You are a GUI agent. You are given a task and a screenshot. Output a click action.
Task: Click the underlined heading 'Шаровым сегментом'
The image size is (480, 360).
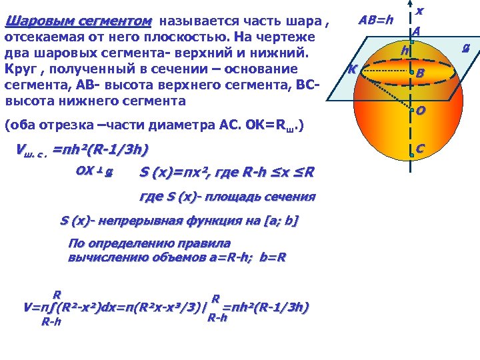point(78,21)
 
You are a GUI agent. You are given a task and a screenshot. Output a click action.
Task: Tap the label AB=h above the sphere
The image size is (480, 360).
point(376,20)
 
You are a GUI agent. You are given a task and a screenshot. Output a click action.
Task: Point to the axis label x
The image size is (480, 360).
point(419,11)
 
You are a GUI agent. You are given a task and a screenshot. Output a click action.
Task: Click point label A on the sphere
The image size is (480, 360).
point(416,31)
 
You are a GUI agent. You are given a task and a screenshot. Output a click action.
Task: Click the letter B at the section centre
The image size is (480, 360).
point(421,73)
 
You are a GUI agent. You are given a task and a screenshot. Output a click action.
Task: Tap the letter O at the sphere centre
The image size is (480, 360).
point(421,111)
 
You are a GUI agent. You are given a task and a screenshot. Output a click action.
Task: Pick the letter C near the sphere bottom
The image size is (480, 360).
point(421,149)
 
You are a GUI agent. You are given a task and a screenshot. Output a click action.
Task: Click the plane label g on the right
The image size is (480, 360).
point(467,47)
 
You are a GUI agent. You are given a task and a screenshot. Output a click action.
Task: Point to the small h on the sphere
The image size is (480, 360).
point(404,51)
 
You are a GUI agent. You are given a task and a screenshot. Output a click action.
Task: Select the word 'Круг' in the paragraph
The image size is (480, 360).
point(19,69)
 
